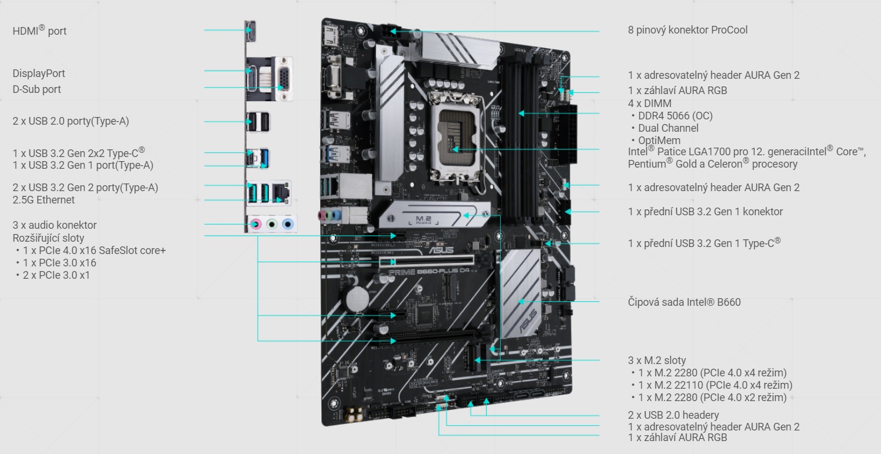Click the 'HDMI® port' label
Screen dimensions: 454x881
(39, 31)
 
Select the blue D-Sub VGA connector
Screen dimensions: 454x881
(283, 79)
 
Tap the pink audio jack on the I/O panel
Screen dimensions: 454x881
(255, 224)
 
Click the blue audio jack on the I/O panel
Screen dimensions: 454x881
(287, 224)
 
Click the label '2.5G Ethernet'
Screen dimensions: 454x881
(44, 200)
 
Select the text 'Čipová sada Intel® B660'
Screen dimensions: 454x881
(684, 302)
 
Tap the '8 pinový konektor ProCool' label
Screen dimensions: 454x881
(687, 30)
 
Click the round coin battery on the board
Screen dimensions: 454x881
(355, 297)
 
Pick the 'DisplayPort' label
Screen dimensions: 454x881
(39, 74)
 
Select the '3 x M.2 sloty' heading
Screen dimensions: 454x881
(657, 360)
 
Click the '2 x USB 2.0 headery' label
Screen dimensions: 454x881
(673, 415)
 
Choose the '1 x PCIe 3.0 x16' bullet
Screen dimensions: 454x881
(59, 263)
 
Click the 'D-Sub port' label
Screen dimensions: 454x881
(36, 89)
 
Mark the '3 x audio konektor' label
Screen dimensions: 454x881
(54, 225)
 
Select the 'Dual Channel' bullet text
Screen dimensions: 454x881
(668, 128)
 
